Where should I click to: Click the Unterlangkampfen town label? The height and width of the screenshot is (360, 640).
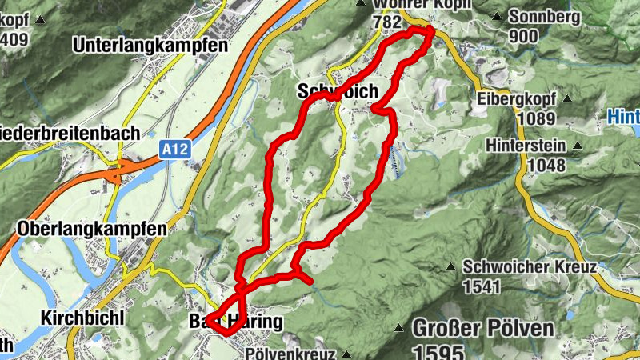click(x=150, y=46)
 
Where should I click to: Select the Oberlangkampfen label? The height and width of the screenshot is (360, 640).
click(x=92, y=229)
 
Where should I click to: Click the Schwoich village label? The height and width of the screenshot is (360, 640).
click(x=337, y=92)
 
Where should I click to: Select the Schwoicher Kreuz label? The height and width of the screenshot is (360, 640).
click(x=530, y=268)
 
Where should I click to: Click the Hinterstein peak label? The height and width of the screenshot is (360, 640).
click(x=529, y=147)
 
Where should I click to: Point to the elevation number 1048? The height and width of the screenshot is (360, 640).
click(x=546, y=166)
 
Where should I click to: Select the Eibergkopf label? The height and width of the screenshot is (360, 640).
click(x=515, y=100)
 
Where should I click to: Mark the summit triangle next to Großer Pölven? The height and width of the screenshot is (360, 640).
click(x=398, y=327)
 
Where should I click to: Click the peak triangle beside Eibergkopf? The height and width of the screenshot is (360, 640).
click(x=567, y=99)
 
